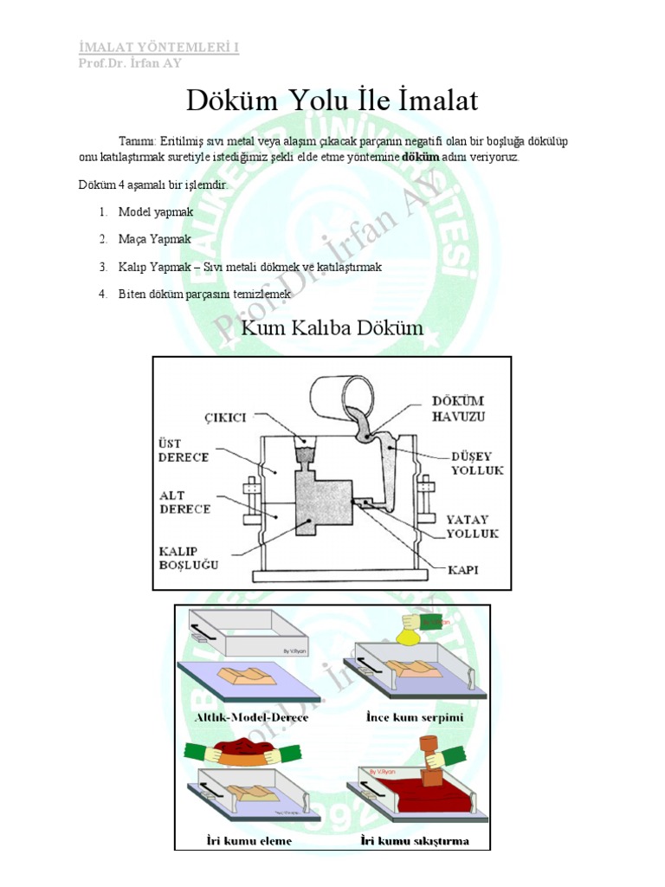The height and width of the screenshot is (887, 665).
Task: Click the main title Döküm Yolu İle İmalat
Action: click(332, 101)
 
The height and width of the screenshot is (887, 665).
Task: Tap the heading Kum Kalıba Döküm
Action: click(332, 328)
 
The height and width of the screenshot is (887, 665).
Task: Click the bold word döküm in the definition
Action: click(422, 157)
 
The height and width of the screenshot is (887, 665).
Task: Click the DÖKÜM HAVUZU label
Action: click(458, 408)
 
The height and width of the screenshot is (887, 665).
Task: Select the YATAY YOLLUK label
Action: click(471, 527)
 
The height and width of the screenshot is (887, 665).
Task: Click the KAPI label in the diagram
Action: click(463, 570)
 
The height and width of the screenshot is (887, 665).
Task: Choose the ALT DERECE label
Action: click(184, 503)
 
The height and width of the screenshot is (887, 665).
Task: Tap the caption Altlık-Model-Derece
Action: click(251, 717)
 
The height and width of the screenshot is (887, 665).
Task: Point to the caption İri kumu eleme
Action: click(249, 840)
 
